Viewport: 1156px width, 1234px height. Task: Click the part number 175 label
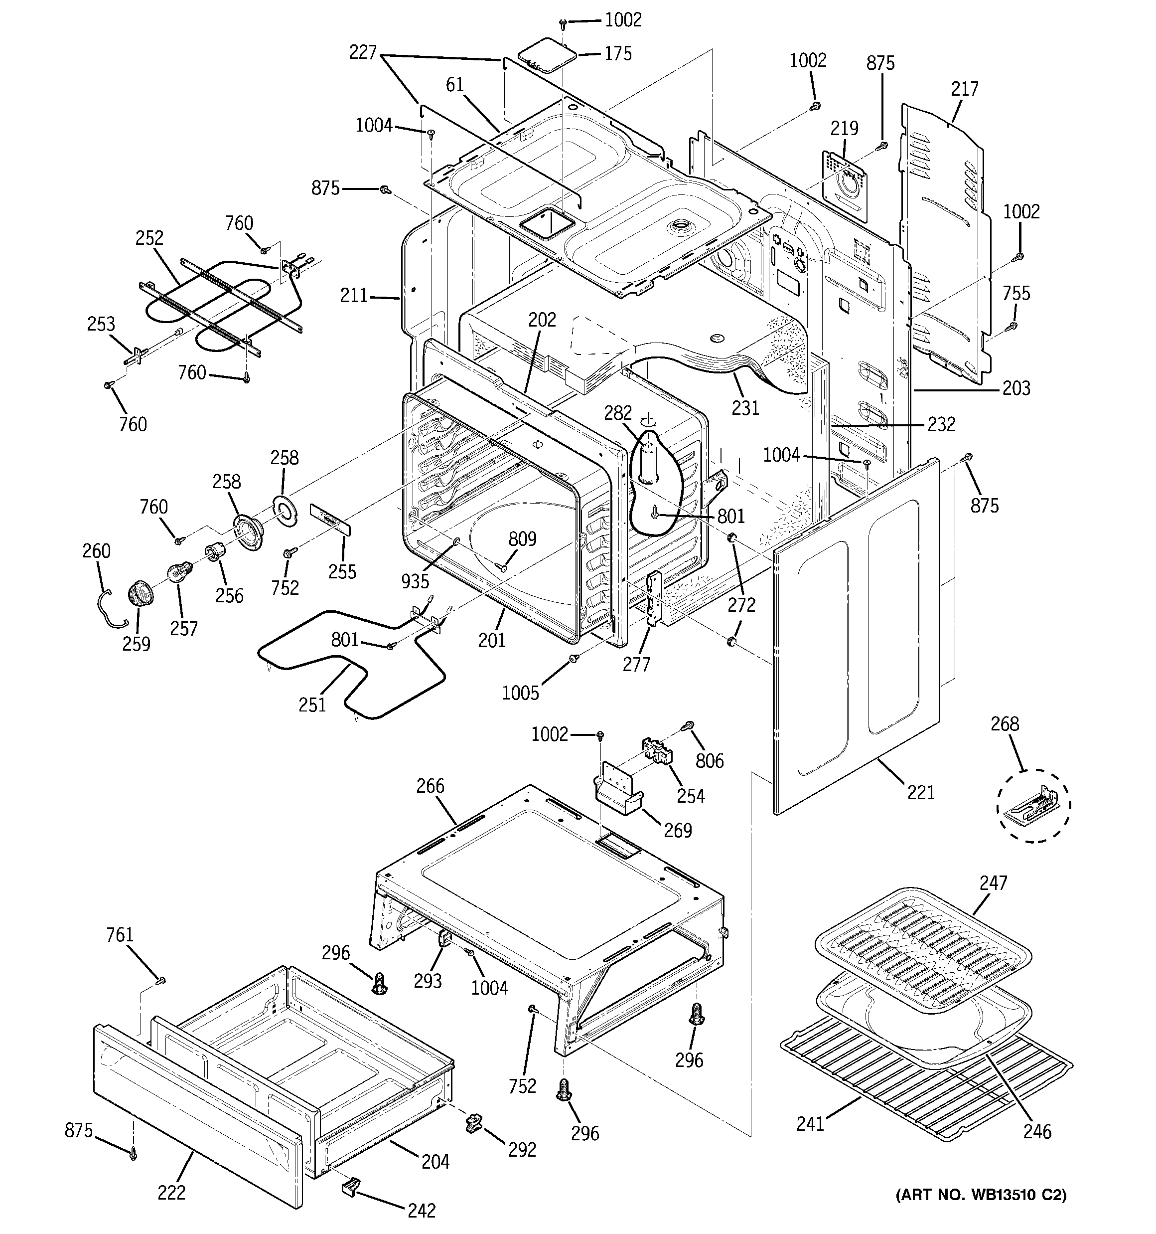(617, 53)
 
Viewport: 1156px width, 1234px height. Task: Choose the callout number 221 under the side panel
(920, 793)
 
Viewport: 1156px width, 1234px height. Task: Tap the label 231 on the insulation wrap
(744, 408)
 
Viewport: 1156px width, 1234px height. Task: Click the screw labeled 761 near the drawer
(161, 980)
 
